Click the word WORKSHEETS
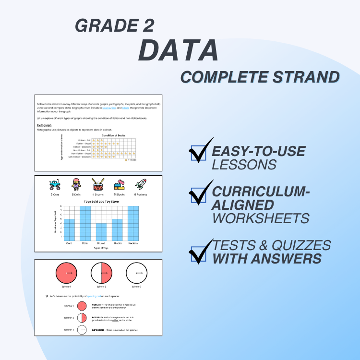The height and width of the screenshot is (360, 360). (x=261, y=218)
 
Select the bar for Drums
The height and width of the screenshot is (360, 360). (x=101, y=231)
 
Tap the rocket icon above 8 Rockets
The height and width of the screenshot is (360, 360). (x=140, y=185)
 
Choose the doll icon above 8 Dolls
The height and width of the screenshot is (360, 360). (x=76, y=185)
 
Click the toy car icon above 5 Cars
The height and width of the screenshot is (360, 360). (x=55, y=185)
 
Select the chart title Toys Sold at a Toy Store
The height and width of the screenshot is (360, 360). (x=101, y=202)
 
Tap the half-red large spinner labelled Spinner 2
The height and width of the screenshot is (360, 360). (x=102, y=273)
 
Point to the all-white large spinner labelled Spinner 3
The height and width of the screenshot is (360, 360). (x=137, y=273)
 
